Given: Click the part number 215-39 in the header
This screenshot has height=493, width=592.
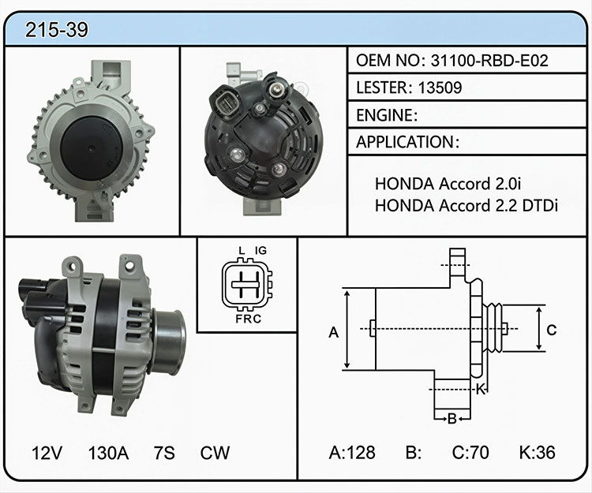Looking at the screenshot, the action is [x=57, y=29].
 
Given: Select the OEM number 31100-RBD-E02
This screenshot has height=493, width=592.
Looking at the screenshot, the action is [x=489, y=61].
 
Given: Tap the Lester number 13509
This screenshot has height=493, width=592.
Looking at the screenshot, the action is [x=440, y=88].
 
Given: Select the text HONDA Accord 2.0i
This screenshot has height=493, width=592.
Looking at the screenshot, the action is [x=448, y=184].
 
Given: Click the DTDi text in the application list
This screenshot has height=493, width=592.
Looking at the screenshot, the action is [x=540, y=206].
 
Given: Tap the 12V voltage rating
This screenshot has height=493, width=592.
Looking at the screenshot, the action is [x=47, y=453].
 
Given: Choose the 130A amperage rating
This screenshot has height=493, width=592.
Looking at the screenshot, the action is [x=108, y=453].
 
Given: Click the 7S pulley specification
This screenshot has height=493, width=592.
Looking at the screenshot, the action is [x=164, y=453].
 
